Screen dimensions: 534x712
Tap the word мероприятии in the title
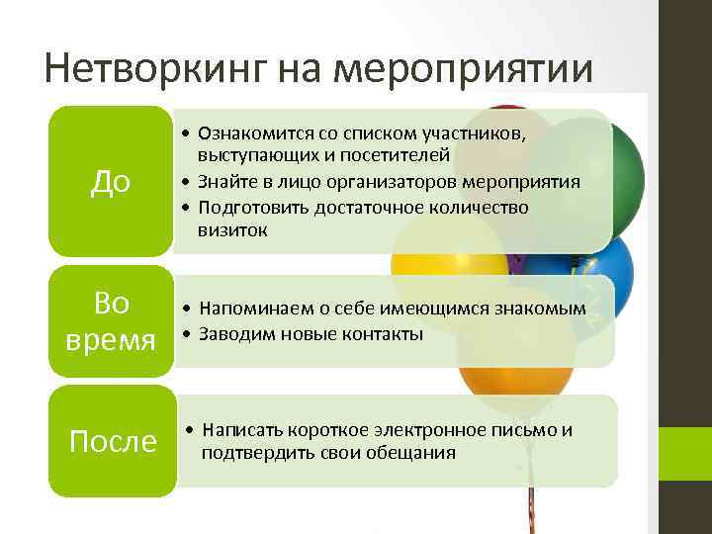[465, 68]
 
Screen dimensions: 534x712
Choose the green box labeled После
[112, 440]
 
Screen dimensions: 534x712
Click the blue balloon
[593, 267]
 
